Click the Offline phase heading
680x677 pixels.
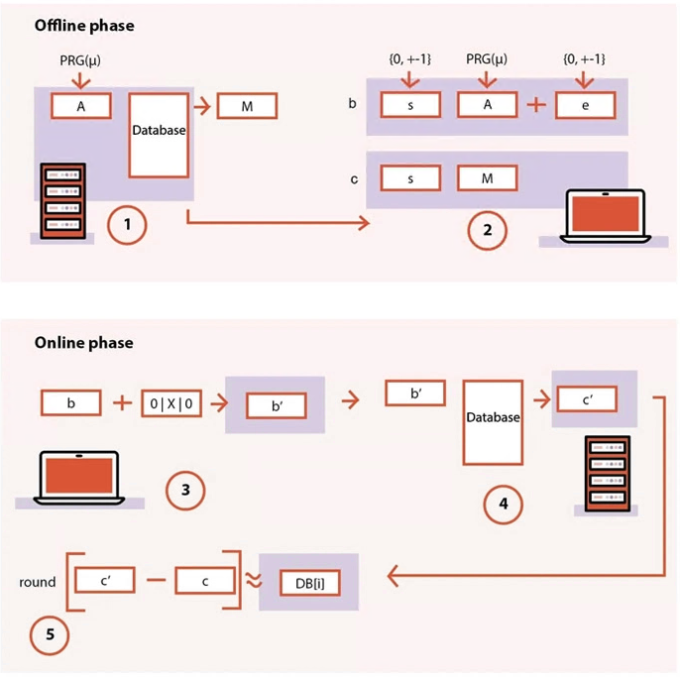84,26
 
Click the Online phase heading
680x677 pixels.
83,343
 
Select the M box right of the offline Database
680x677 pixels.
247,105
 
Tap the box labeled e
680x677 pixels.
585,105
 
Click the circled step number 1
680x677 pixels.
128,225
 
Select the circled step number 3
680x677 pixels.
185,489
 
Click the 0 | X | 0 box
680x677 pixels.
171,403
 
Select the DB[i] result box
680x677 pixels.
308,582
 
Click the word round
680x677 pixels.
37,583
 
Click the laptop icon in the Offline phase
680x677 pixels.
604,216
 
